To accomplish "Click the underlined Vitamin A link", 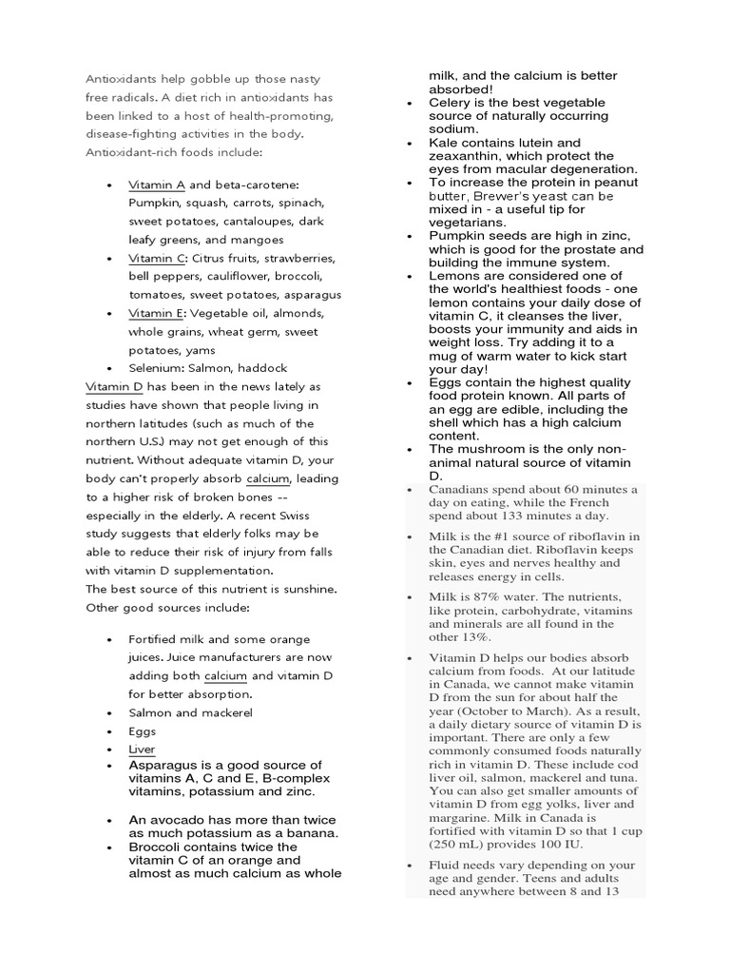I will pos(156,185).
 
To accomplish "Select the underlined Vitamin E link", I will pos(156,313).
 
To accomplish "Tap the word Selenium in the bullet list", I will pos(156,368).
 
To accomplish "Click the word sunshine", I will pos(308,589).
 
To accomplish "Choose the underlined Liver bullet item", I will pos(142,750).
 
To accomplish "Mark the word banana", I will pos(307,832).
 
